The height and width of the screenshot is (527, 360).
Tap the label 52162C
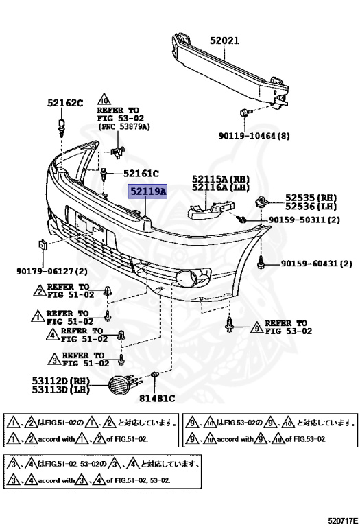pos(64,104)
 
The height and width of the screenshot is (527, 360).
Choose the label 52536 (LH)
pos(311,206)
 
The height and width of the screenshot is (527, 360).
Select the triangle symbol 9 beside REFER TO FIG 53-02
pos(256,327)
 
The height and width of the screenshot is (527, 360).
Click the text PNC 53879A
pos(124,128)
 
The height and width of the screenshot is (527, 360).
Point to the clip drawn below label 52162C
pos(63,125)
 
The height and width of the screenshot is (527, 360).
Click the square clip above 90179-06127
pos(41,244)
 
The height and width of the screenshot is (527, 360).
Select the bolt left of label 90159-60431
pos(263,262)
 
